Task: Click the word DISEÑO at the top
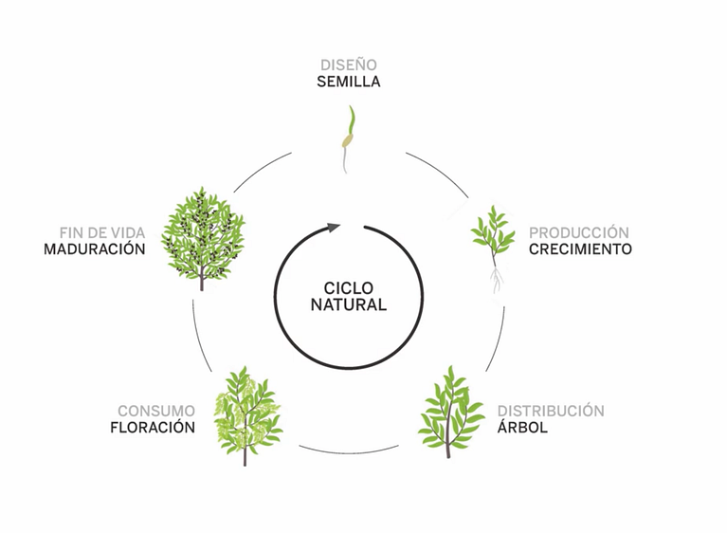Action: pyautogui.click(x=349, y=64)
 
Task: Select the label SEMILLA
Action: pyautogui.click(x=349, y=82)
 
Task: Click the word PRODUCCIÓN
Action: pyautogui.click(x=578, y=232)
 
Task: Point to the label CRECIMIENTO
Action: pyautogui.click(x=580, y=249)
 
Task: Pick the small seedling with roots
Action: pyautogui.click(x=493, y=248)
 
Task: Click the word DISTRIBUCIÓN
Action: pyautogui.click(x=551, y=411)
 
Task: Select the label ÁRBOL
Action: pyautogui.click(x=522, y=427)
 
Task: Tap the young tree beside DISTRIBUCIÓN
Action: pyautogui.click(x=450, y=412)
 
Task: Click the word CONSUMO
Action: pyautogui.click(x=156, y=411)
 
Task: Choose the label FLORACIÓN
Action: pyautogui.click(x=153, y=427)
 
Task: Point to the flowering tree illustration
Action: pyautogui.click(x=248, y=415)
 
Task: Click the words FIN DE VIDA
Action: pyautogui.click(x=102, y=232)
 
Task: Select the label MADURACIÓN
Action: pyautogui.click(x=95, y=249)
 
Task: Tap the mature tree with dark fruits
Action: pyautogui.click(x=203, y=238)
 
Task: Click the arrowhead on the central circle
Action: pyautogui.click(x=334, y=228)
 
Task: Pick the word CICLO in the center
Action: pyautogui.click(x=348, y=288)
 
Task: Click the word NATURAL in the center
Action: pyautogui.click(x=349, y=304)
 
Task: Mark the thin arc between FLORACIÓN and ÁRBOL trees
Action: pyautogui.click(x=349, y=451)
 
